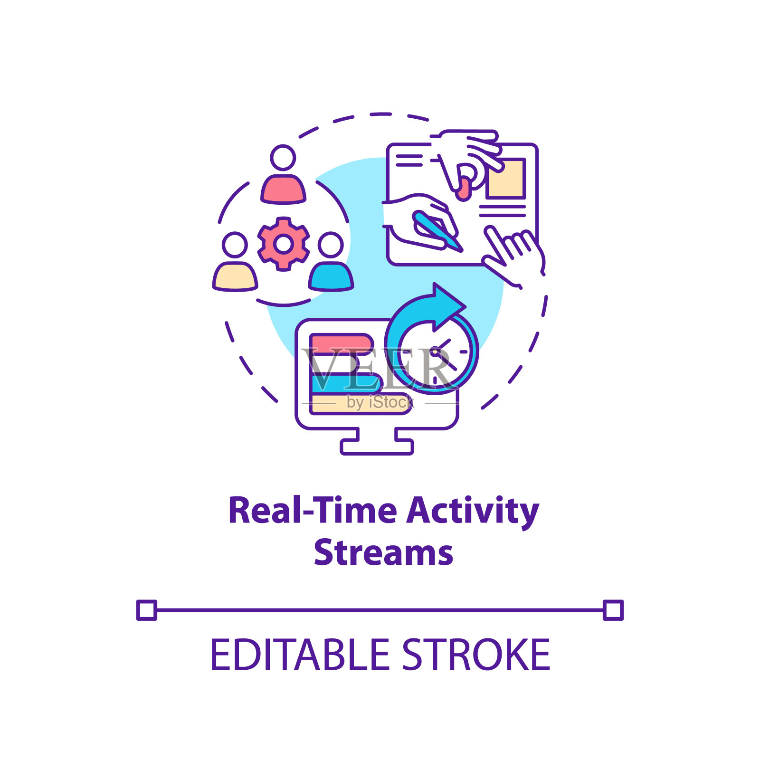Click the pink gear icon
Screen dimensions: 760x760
284,244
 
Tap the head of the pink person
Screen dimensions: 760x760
283,158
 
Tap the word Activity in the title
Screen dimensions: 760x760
473,512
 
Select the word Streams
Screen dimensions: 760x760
383,553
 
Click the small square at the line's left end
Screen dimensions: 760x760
147,610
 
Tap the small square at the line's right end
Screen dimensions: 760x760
613,610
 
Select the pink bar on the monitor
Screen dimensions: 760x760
342,343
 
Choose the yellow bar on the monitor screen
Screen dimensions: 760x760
361,404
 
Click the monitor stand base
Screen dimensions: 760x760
377,446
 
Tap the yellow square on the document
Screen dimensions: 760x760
505,178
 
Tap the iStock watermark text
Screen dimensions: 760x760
380,402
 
